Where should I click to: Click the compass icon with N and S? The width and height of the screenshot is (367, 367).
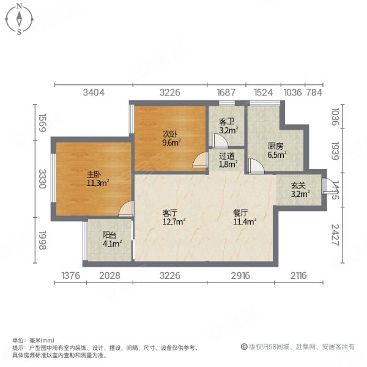20,19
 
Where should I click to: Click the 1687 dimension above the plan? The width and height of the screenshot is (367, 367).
226,93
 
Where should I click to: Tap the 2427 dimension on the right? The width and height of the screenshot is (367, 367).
335,234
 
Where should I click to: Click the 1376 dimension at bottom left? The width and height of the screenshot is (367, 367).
71,276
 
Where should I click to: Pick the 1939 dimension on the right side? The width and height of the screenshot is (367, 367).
335,150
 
